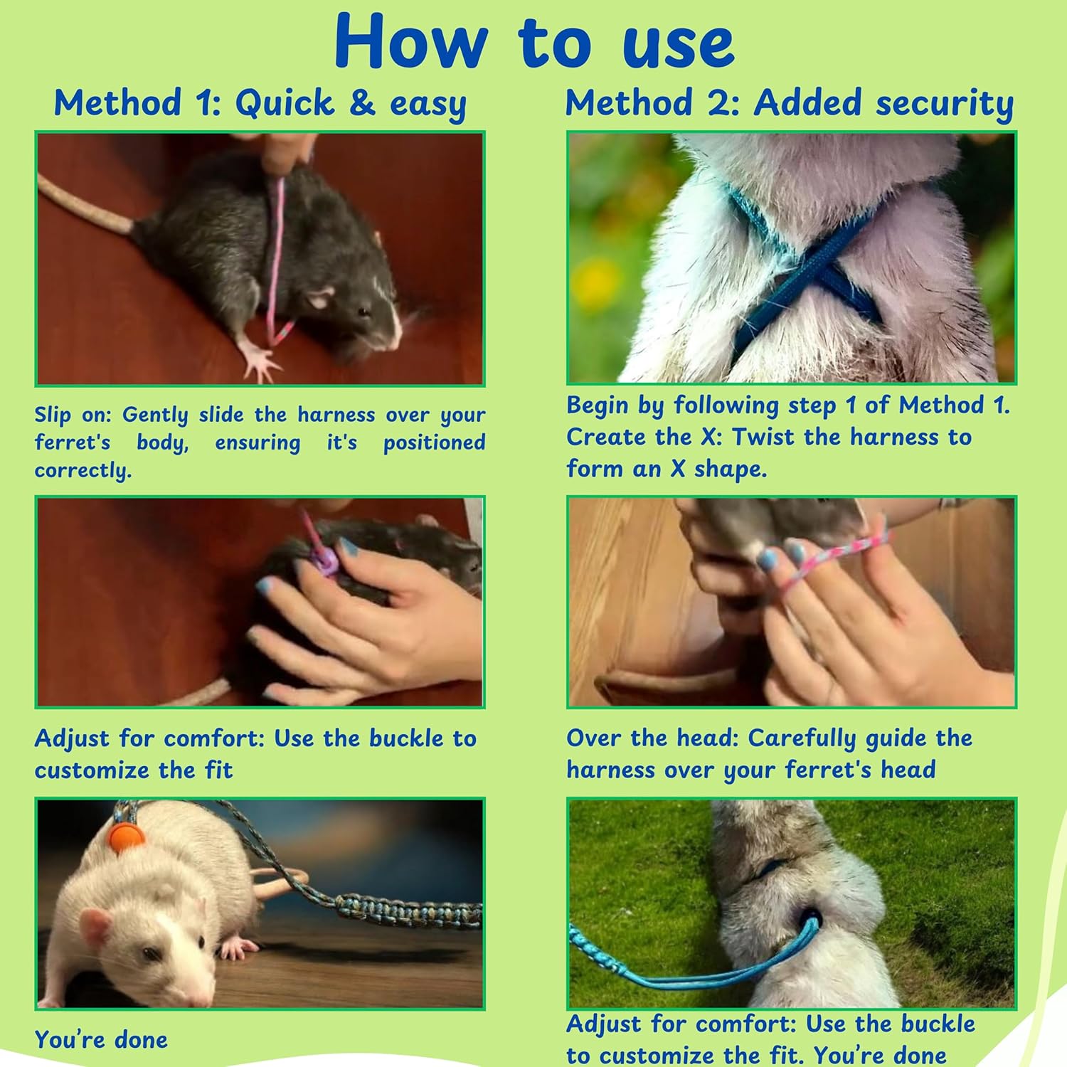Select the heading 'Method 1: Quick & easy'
pos(260,104)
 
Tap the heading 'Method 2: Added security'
pos(790,103)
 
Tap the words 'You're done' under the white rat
pos(101,1039)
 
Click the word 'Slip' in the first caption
pos(53,415)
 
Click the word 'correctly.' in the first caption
pos(83,470)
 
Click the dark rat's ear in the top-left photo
pos(320,297)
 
